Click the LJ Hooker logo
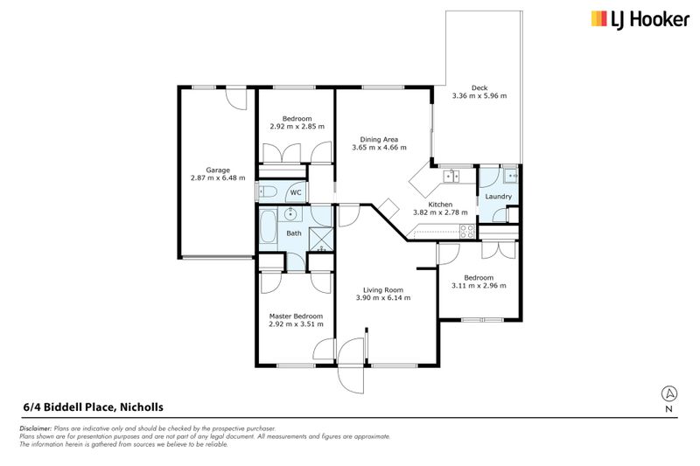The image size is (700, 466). [x=640, y=19]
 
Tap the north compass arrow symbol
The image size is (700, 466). [x=668, y=393]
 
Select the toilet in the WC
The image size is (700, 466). [x=269, y=192]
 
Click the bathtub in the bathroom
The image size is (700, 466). [x=268, y=226]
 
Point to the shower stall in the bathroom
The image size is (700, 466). [x=321, y=240]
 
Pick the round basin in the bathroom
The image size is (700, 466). [x=291, y=214]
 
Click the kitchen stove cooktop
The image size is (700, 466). [x=467, y=232]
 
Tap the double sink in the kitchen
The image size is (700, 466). [x=451, y=176]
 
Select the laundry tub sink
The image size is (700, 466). [x=510, y=176]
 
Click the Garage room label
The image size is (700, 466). [x=218, y=170]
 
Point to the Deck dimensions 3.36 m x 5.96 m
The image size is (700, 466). [x=479, y=95]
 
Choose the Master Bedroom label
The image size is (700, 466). [x=296, y=316]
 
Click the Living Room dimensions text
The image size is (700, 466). [x=383, y=297]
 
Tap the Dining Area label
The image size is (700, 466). [x=379, y=140]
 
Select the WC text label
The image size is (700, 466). [x=296, y=192]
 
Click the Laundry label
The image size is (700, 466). [x=498, y=197]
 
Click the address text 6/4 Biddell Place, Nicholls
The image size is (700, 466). [x=94, y=407]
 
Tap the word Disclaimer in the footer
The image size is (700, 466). [x=36, y=428]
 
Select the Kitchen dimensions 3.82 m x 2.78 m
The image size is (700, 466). [x=441, y=212]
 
